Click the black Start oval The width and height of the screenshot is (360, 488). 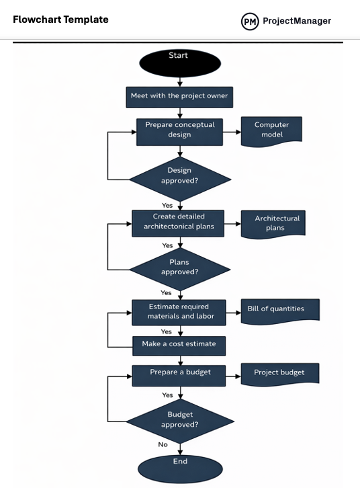coord(179,63)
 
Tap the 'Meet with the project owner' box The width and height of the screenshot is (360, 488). coord(179,96)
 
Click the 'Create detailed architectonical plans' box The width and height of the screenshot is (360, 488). coord(179,222)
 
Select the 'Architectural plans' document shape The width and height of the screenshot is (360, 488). coord(274,223)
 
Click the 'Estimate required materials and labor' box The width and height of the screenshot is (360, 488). coord(179,312)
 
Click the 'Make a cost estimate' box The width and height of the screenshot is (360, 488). coord(179,345)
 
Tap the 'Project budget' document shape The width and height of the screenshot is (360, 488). coord(279,374)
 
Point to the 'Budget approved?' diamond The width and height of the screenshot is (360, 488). coord(180,421)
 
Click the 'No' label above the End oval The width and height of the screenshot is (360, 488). coord(163,444)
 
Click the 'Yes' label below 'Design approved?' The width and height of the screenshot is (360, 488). coord(167,206)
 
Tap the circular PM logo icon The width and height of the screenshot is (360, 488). coord(250,22)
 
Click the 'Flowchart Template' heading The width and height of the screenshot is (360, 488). coord(60,19)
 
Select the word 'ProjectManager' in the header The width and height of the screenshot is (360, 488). coord(296,21)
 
